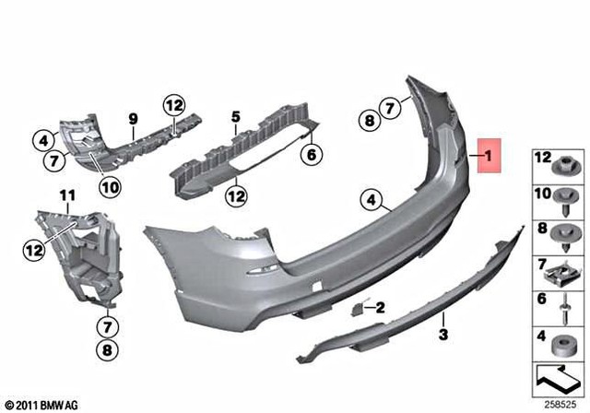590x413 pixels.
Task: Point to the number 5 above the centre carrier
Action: coord(236,117)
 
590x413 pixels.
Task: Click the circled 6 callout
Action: coord(312,156)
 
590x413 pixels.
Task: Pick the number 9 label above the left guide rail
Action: coord(132,119)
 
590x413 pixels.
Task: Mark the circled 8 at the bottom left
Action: coord(108,350)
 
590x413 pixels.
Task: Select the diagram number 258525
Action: coord(560,404)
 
